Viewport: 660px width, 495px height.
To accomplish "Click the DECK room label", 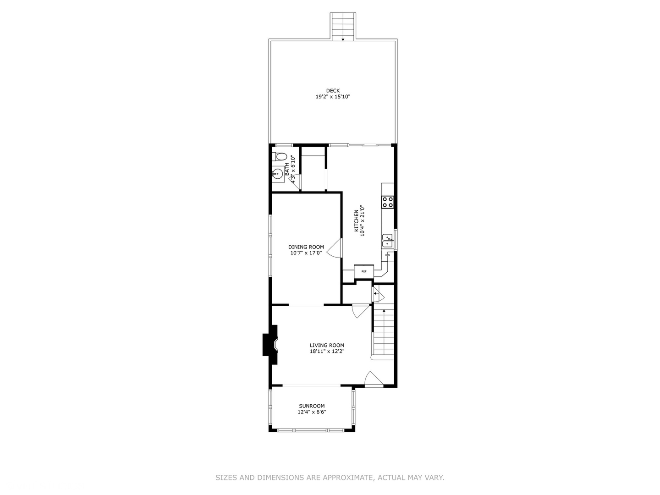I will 333,90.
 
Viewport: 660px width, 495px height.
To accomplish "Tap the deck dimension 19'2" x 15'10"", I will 333,97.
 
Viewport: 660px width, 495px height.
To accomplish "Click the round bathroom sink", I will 277,174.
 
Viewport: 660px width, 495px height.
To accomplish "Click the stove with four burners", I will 388,202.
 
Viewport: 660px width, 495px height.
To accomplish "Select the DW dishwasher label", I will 388,255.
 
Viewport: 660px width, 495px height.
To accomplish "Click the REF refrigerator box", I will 364,271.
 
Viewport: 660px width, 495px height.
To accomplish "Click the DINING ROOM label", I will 306,247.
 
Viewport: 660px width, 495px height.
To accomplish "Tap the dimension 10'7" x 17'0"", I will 306,253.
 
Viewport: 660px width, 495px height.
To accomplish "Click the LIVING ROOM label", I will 327,346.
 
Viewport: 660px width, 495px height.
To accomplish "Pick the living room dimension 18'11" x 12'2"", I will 327,352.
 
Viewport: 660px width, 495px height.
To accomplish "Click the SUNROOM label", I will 312,406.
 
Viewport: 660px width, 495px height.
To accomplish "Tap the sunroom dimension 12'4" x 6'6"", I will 312,412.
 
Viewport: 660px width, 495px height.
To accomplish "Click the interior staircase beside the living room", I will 383,332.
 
